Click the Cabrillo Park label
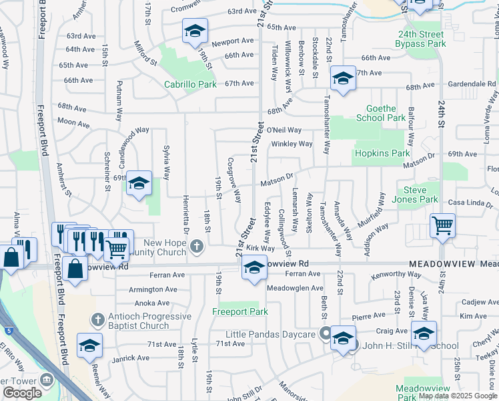pos(191,85)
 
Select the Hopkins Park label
pos(382,153)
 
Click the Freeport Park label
pos(239,311)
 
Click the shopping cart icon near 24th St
pos(442,225)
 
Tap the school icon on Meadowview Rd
pos(254,267)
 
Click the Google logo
pos(22,393)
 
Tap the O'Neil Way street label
pos(284,130)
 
